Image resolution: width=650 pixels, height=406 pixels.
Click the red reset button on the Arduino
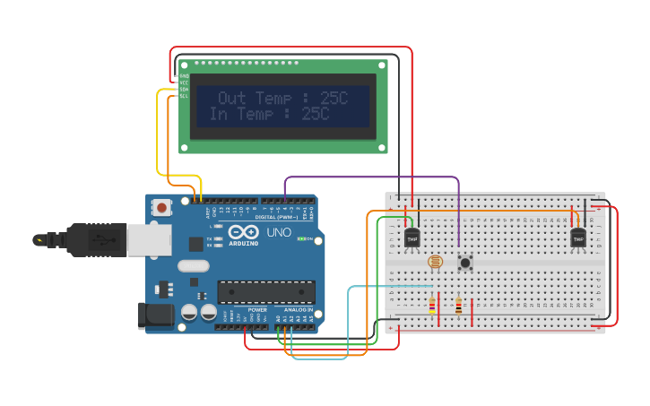161,207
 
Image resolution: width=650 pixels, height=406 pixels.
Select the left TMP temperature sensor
412,238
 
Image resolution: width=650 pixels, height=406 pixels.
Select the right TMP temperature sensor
578,238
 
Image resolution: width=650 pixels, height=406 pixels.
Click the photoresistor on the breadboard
435,263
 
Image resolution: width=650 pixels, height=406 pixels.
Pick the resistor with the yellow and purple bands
432,307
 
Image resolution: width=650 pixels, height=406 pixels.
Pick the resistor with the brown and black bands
458,307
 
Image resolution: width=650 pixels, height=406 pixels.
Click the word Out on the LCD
233,99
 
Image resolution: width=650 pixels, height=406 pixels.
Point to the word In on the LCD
219,114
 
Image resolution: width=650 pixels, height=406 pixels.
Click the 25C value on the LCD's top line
333,99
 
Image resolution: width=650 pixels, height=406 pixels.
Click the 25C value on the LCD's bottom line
315,114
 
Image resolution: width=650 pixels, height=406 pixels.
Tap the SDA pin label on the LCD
184,89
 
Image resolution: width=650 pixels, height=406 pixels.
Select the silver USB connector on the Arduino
149,240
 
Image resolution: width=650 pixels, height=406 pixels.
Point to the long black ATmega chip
266,292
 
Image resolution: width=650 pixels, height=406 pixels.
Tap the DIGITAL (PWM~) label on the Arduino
277,217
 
